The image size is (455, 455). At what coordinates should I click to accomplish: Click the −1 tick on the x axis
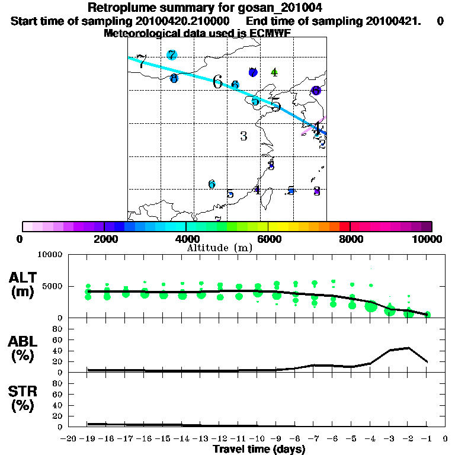[x=427, y=439]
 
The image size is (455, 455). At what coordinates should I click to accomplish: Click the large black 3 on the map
[x=243, y=136]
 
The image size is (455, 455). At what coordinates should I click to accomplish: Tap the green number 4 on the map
[x=274, y=72]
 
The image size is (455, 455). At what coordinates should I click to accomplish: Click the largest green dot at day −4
[x=371, y=306]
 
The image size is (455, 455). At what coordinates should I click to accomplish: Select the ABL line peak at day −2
[x=408, y=348]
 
